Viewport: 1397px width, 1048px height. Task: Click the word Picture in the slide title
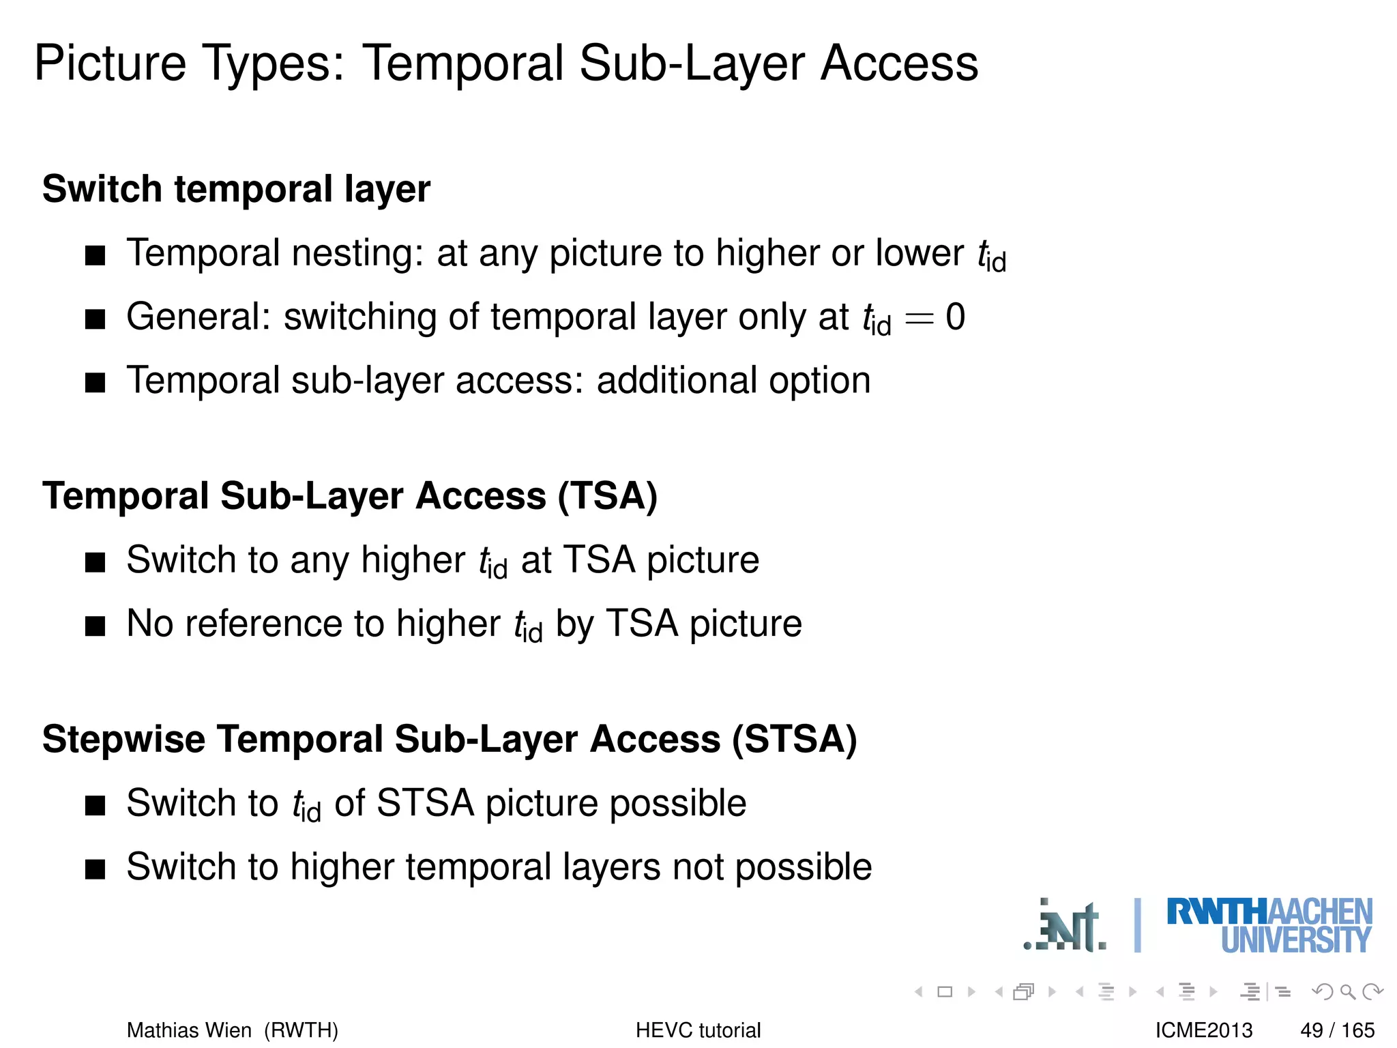109,63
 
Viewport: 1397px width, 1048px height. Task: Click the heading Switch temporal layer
236,189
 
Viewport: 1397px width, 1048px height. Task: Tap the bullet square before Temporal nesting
95,255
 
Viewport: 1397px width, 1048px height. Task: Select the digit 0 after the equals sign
955,317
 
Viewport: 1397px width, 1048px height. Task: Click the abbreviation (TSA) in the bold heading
607,496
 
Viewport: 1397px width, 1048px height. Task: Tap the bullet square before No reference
95,626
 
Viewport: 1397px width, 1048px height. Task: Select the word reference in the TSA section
262,624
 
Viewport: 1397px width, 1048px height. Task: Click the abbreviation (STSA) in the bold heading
794,740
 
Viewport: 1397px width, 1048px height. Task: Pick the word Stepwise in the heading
123,740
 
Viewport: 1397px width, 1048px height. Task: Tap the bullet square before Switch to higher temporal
95,869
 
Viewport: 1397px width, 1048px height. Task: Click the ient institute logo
1066,927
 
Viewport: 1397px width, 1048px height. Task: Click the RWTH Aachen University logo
1269,926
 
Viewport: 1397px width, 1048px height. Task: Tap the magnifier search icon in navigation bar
1347,991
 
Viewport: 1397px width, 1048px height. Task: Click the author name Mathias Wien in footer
189,1030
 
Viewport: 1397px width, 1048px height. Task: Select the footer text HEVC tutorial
698,1030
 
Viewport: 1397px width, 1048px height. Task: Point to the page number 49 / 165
1337,1030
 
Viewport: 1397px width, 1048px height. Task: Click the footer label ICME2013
1204,1030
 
